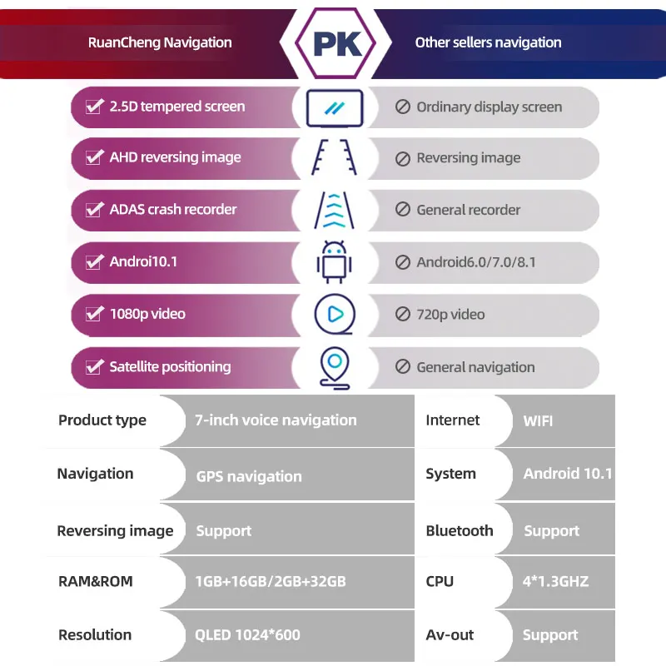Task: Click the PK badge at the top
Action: (x=338, y=42)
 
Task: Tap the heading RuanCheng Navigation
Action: (x=160, y=42)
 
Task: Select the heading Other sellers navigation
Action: (x=488, y=42)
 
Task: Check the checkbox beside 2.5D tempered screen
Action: (x=93, y=107)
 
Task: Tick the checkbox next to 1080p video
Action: (x=93, y=314)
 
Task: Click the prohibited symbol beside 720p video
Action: (x=403, y=315)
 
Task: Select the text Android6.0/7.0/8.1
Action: (x=476, y=262)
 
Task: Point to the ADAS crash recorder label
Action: (x=173, y=210)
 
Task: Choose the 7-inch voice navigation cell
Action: (x=276, y=420)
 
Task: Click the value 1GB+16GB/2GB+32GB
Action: (x=271, y=581)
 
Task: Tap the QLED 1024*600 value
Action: (x=247, y=634)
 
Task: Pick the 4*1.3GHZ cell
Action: (x=555, y=581)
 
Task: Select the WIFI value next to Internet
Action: (x=538, y=421)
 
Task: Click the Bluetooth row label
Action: (x=459, y=530)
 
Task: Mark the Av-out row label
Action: (x=450, y=634)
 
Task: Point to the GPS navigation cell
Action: (x=249, y=476)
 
